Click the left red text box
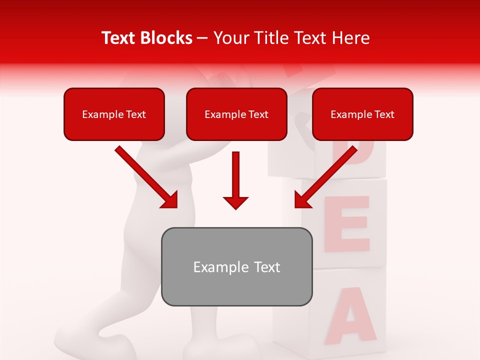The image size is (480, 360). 114,114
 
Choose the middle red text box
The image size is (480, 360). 236,114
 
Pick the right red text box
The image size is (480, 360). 362,114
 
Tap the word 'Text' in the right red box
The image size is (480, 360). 384,114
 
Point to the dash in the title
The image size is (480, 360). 202,38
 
